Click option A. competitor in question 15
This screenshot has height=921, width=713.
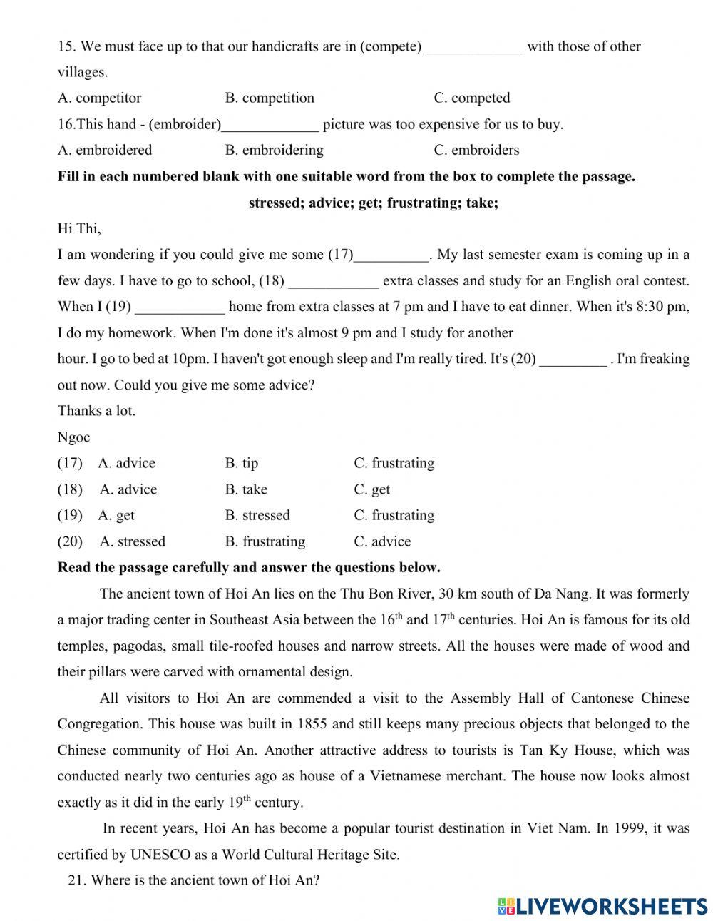click(99, 98)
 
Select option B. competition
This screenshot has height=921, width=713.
click(269, 98)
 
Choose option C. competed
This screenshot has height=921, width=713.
click(471, 98)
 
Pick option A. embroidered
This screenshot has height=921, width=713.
click(105, 150)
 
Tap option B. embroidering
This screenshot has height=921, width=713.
click(274, 150)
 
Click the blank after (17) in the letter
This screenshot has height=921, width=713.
click(391, 256)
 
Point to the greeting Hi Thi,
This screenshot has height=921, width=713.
click(79, 228)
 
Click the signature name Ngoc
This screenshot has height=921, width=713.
click(73, 437)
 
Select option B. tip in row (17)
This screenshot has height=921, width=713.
click(242, 463)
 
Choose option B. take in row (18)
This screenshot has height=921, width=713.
click(246, 489)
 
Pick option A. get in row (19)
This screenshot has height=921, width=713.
click(116, 515)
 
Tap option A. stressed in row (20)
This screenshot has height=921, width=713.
click(132, 541)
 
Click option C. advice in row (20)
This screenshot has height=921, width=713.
click(382, 541)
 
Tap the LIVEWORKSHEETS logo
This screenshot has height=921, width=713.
click(602, 905)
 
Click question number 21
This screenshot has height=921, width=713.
click(77, 880)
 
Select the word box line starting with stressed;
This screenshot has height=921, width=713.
click(373, 203)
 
